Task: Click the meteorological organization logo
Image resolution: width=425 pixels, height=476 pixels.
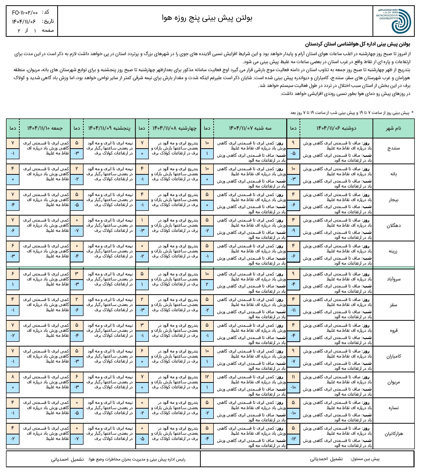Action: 393,21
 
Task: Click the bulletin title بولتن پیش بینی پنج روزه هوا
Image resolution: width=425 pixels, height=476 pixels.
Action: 207,18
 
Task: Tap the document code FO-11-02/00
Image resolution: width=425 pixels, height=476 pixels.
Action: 25,13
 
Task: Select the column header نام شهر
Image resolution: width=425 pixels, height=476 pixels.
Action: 393,128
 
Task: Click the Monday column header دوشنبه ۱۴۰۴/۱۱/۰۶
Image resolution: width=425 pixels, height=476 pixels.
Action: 336,128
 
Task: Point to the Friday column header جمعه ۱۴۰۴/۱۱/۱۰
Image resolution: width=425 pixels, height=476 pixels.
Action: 45,128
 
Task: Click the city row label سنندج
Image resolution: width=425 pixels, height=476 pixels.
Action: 393,148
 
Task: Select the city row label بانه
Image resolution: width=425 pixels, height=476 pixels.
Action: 393,174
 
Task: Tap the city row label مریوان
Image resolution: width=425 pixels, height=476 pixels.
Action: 393,382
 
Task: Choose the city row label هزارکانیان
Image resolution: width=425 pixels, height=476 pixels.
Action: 393,434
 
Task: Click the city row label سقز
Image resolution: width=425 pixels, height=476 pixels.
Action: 393,305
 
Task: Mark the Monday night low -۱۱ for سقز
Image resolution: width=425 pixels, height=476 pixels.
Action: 293,310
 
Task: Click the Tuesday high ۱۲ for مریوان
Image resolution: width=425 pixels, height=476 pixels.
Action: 207,377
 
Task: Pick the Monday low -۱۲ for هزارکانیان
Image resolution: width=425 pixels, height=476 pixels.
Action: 293,439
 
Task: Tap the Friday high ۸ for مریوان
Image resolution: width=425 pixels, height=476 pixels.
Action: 13,377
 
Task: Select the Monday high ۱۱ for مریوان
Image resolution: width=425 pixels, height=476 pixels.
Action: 293,377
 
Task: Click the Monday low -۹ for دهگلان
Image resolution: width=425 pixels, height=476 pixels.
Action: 293,231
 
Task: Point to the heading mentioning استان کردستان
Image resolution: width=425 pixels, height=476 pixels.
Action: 357,45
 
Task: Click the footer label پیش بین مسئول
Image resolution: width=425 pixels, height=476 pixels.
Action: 365,459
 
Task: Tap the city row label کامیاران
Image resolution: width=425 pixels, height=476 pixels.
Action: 393,356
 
